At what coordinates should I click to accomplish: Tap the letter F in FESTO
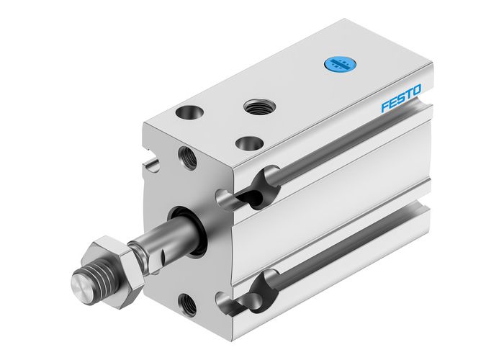coord(384,107)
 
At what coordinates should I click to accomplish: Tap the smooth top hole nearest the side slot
coord(249,143)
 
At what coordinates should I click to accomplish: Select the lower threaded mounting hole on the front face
coord(189,305)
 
